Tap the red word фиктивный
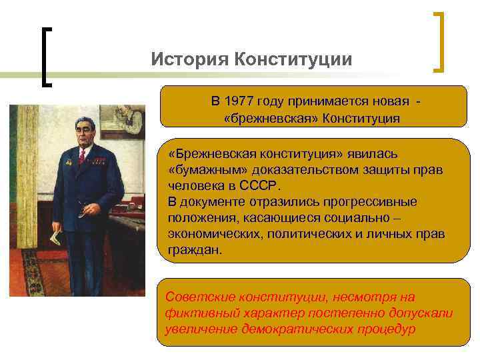click(x=198, y=313)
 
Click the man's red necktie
click(x=82, y=157)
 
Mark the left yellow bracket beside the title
click(x=45, y=57)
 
